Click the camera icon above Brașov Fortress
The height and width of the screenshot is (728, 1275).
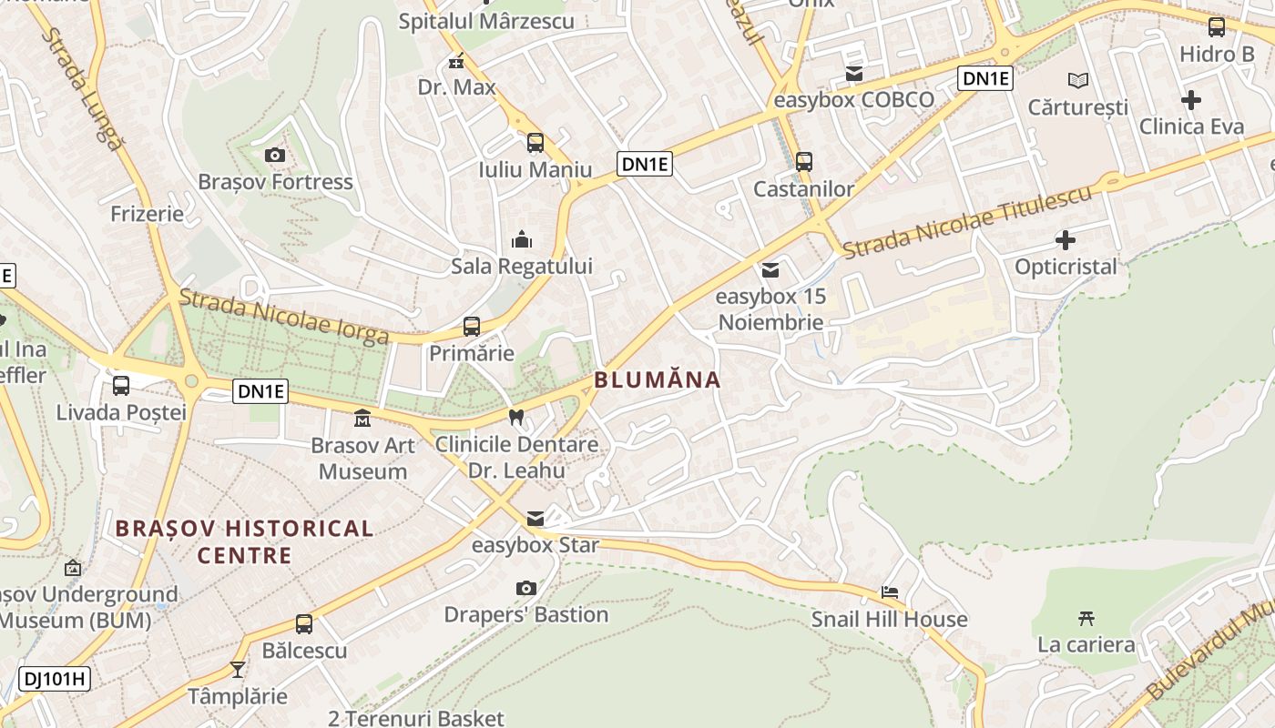(x=275, y=155)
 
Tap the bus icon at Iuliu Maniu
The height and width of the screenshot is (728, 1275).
(x=535, y=143)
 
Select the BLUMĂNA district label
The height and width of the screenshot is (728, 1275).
(x=658, y=379)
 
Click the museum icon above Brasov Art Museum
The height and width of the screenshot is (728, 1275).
(x=362, y=419)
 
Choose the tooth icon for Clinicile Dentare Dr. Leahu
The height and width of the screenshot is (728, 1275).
(x=516, y=418)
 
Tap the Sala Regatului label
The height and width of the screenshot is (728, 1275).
(x=522, y=267)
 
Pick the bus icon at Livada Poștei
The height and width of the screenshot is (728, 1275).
(x=121, y=386)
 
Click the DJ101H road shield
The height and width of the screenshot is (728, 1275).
(x=55, y=678)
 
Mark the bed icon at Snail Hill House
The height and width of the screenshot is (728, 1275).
(x=890, y=592)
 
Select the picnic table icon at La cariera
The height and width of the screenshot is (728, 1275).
(x=1086, y=619)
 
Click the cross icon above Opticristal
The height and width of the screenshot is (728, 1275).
(x=1065, y=240)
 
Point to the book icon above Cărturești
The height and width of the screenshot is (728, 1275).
(x=1078, y=81)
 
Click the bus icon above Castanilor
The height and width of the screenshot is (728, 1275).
(x=803, y=162)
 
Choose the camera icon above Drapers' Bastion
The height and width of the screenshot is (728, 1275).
(x=525, y=588)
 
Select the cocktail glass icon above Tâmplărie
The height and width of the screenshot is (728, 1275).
(x=238, y=670)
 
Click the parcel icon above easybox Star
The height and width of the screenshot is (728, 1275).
(x=535, y=519)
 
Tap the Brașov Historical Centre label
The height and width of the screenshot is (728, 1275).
(x=245, y=541)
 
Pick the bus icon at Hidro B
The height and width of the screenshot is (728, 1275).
(x=1217, y=27)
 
